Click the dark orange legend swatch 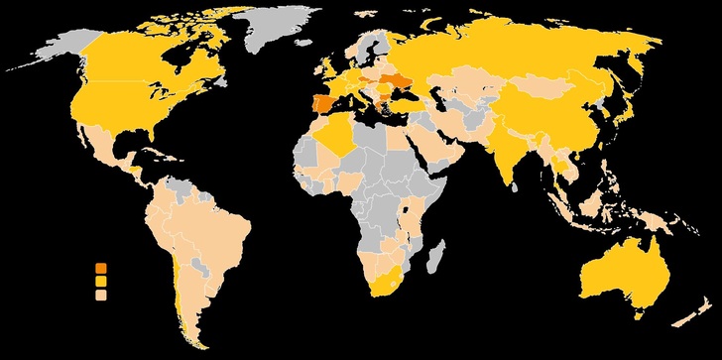coord(101,269)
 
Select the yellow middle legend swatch coord(101,282)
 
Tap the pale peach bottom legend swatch coord(101,296)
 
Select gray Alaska coord(55,45)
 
